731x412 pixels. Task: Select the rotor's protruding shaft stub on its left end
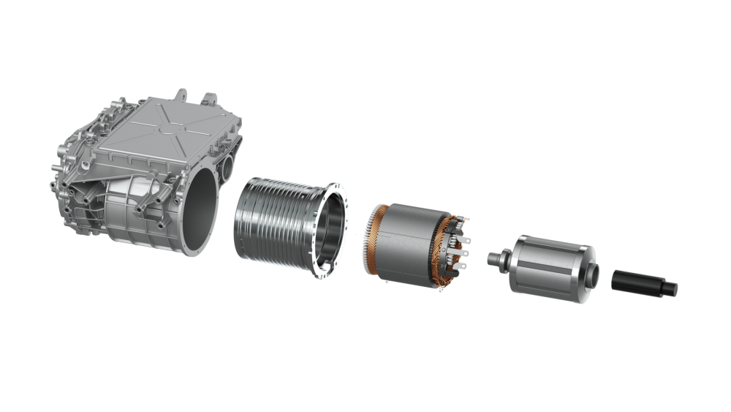pyautogui.click(x=496, y=257)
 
